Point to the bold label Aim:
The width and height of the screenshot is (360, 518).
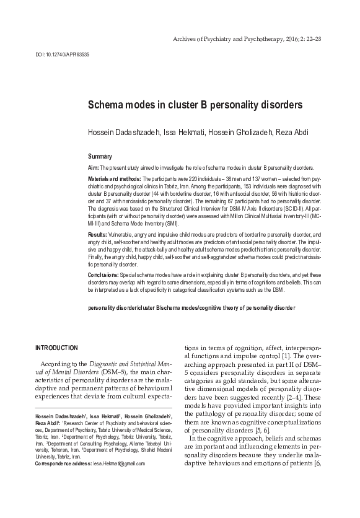pyautogui.click(x=94, y=168)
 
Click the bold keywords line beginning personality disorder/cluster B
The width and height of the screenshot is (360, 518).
pyautogui.click(x=191, y=307)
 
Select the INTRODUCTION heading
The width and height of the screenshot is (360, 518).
pyautogui.click(x=57, y=348)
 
